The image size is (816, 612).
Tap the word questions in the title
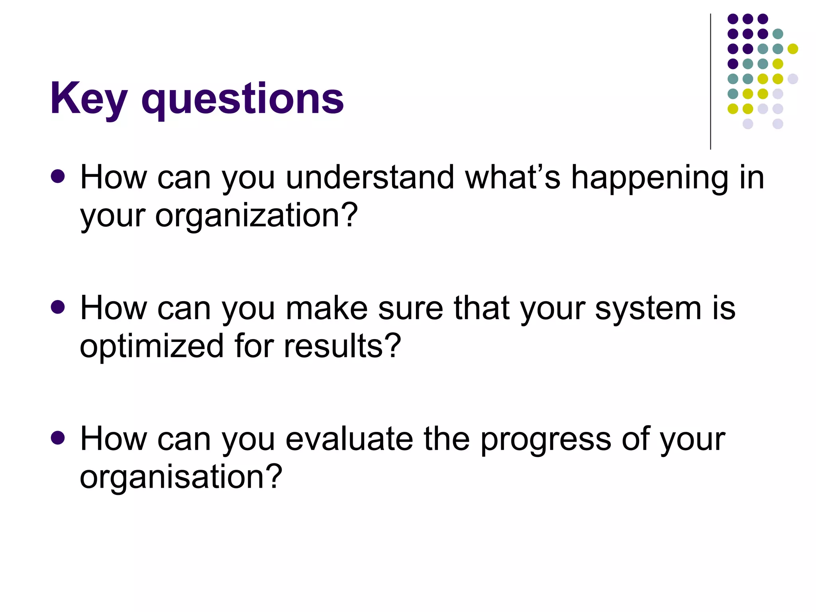[x=242, y=100]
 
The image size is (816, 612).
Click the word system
[x=648, y=310]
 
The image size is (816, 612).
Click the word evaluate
[x=349, y=439]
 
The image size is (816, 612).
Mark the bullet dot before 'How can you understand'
[x=58, y=176]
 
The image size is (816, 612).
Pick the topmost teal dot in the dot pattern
[x=778, y=34]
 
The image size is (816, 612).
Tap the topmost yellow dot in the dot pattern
[x=793, y=49]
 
